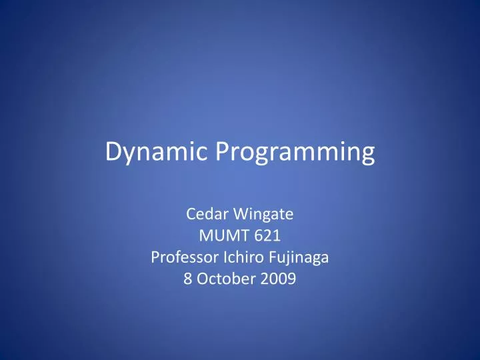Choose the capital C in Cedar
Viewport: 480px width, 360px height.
189,215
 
